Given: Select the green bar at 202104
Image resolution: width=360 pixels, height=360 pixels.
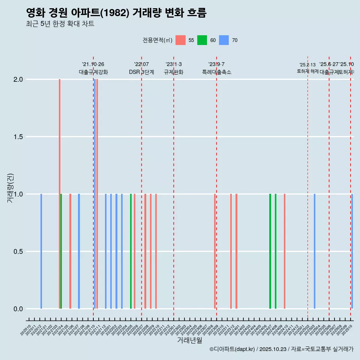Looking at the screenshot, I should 61,251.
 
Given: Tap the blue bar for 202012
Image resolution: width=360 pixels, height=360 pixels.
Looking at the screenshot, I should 41,251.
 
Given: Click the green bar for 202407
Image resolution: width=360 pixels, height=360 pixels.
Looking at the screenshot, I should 270,251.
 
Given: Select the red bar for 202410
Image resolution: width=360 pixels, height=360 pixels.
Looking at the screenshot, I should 285,251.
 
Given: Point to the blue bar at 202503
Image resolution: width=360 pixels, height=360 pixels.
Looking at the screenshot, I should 315,251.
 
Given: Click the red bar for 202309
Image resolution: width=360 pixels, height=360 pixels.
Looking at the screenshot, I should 215,251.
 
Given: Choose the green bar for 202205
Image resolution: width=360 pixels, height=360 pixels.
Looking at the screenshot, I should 131,251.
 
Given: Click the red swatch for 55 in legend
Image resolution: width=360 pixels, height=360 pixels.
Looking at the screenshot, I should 180,40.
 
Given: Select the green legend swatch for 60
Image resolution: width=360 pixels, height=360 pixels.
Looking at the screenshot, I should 202,40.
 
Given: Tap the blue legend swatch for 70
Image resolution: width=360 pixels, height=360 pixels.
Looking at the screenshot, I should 224,40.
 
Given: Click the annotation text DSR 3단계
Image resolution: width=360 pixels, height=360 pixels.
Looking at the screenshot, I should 141,72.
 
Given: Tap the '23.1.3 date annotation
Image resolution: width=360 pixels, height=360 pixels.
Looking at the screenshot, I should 174,64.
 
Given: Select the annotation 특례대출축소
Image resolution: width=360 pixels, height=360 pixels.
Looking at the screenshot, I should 217,72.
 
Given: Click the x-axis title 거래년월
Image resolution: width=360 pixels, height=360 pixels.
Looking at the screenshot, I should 189,340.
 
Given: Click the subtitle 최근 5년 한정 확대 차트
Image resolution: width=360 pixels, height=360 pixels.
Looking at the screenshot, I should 60,24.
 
